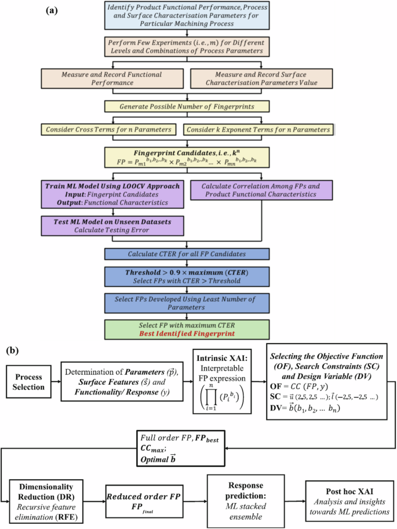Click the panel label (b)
tap(14, 351)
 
